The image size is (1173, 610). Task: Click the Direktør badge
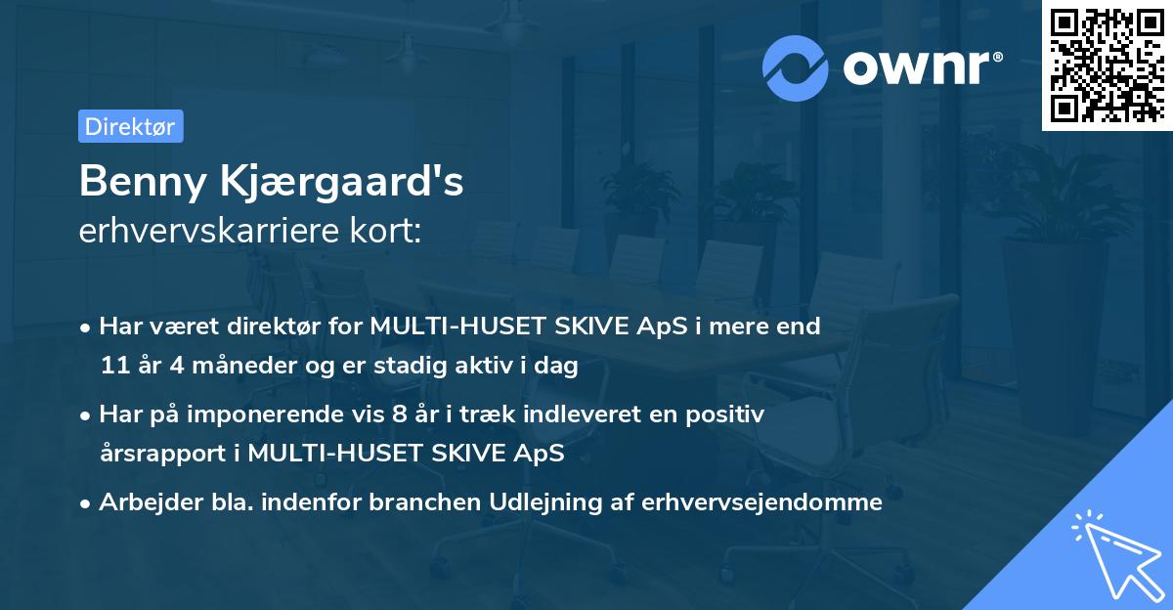tap(130, 126)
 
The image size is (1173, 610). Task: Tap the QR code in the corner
tap(1107, 65)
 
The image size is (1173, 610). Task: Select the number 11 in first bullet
tap(113, 366)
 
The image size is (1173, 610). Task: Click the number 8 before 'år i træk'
tap(397, 414)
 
